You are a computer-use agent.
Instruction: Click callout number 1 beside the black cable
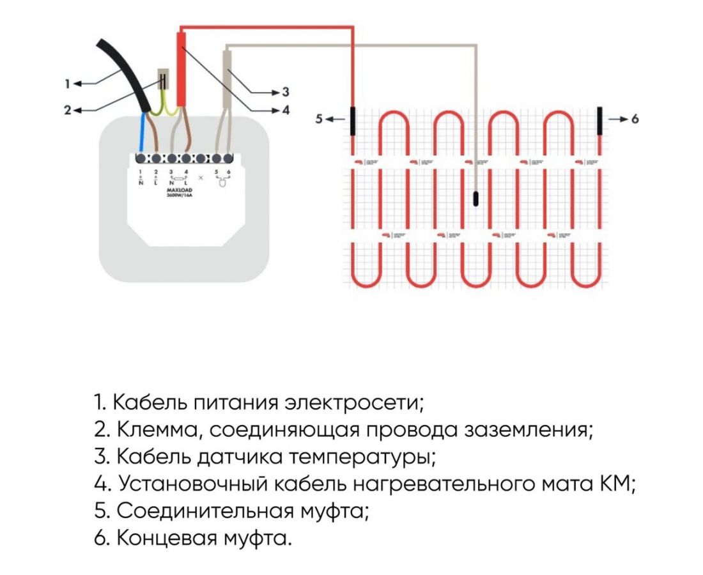66,83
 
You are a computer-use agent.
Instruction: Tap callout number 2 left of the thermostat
66,110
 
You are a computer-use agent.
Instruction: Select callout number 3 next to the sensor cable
286,93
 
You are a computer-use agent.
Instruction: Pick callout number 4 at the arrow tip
286,110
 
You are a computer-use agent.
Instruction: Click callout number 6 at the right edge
635,119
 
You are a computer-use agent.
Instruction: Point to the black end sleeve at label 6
599,119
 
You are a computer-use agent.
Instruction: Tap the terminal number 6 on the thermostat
228,172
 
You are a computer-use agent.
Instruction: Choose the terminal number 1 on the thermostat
141,172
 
